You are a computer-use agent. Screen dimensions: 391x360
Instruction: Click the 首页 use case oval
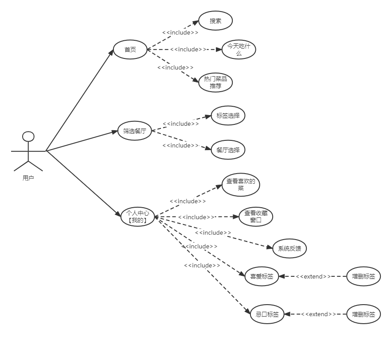click(x=130, y=50)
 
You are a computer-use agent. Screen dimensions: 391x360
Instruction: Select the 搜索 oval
click(x=215, y=21)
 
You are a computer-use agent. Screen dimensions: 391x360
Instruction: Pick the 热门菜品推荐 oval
click(x=215, y=82)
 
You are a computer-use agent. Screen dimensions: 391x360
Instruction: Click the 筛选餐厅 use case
click(x=134, y=131)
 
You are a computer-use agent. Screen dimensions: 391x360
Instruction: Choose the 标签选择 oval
click(x=228, y=116)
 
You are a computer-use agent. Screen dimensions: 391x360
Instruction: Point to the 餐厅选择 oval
click(x=228, y=150)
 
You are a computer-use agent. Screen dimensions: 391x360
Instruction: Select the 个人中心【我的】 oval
click(x=138, y=217)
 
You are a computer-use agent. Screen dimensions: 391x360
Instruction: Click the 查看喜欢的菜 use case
click(x=241, y=185)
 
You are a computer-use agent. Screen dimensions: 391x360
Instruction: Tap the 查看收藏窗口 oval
click(x=256, y=217)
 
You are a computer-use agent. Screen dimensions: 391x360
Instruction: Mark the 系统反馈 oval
click(x=289, y=248)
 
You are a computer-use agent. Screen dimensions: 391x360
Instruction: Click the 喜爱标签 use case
click(x=262, y=277)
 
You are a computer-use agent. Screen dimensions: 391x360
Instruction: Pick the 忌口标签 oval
click(x=267, y=314)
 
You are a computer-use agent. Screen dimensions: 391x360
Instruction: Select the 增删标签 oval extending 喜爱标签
click(x=364, y=277)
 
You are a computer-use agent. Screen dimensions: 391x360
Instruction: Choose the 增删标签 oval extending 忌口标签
click(x=364, y=314)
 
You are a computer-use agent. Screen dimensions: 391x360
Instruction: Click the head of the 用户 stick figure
click(x=28, y=136)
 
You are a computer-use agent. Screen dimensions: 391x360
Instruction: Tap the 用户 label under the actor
click(x=28, y=178)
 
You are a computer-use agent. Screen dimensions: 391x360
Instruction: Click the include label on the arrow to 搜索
click(x=180, y=32)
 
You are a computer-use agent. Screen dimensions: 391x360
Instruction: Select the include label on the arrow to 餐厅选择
click(x=180, y=145)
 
